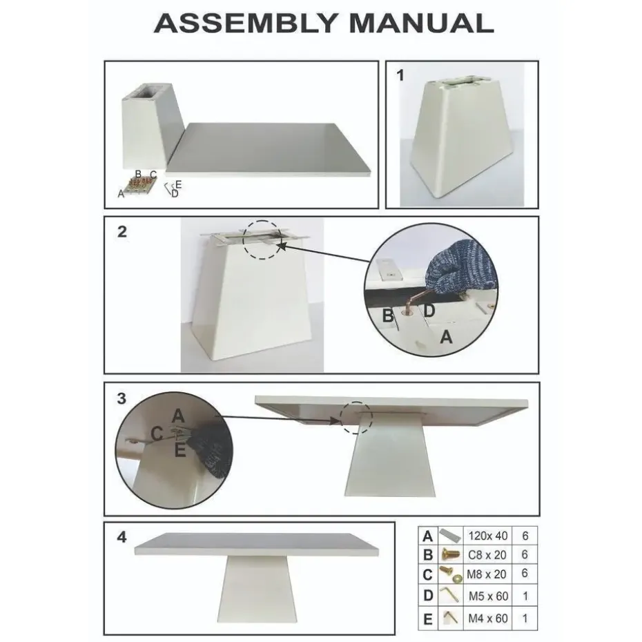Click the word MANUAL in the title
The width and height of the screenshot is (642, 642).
point(421,23)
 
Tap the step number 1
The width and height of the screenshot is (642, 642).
point(400,76)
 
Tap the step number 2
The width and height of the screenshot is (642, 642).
point(121,232)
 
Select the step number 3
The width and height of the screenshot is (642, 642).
point(121,398)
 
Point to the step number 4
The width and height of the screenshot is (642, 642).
point(121,537)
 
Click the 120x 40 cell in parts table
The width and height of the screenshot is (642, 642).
point(488,536)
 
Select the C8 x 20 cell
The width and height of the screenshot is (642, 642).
point(488,554)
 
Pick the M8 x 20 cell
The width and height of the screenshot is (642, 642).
point(488,574)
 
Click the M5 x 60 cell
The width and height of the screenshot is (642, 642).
point(488,596)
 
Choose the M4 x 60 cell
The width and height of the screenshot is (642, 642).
point(488,618)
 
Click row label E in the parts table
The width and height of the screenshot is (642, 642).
point(427,619)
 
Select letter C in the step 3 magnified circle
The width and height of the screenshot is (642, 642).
point(157,434)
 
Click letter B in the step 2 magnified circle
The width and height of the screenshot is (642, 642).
point(388,316)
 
